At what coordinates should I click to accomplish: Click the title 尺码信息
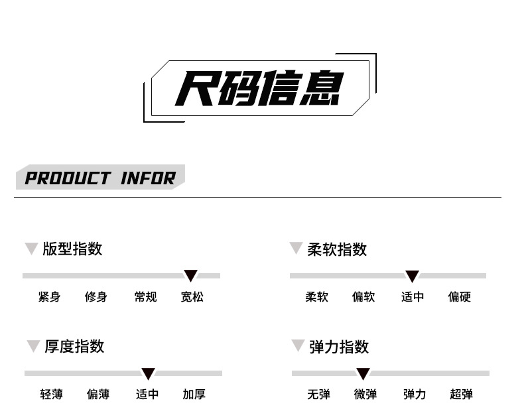259,88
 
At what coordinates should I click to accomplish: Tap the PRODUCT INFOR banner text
100,178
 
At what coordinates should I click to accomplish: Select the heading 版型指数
72,249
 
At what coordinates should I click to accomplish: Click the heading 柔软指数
337,249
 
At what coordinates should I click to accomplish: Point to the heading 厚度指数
74,346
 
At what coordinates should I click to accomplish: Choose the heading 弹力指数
339,347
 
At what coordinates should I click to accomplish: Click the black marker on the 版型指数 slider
190,275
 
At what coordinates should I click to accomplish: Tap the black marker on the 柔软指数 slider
412,276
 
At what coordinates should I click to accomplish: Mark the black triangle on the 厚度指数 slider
148,373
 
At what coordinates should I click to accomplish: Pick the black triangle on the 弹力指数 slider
363,373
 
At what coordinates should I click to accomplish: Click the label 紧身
49,297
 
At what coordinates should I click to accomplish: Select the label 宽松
192,297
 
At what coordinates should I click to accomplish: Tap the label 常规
145,297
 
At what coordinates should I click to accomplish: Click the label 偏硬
459,297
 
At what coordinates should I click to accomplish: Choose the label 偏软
363,297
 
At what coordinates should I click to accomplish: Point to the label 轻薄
51,394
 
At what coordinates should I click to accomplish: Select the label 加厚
194,394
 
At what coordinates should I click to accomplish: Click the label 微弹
365,394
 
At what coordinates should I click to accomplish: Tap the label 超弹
461,394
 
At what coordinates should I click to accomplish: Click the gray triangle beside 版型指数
31,249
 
